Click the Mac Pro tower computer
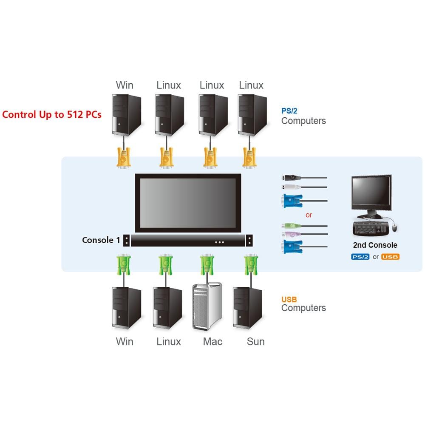(207, 306)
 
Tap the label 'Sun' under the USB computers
(255, 342)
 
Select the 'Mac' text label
(212, 342)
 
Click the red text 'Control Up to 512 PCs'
(52, 114)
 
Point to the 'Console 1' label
(101, 240)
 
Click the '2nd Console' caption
(375, 245)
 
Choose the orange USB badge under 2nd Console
(390, 257)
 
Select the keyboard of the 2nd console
(370, 229)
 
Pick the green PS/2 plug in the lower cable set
(291, 226)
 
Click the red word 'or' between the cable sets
(309, 215)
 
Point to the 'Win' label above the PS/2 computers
(125, 85)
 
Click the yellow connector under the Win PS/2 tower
(123, 157)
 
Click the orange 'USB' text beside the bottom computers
(289, 299)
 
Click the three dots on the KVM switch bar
(219, 242)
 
